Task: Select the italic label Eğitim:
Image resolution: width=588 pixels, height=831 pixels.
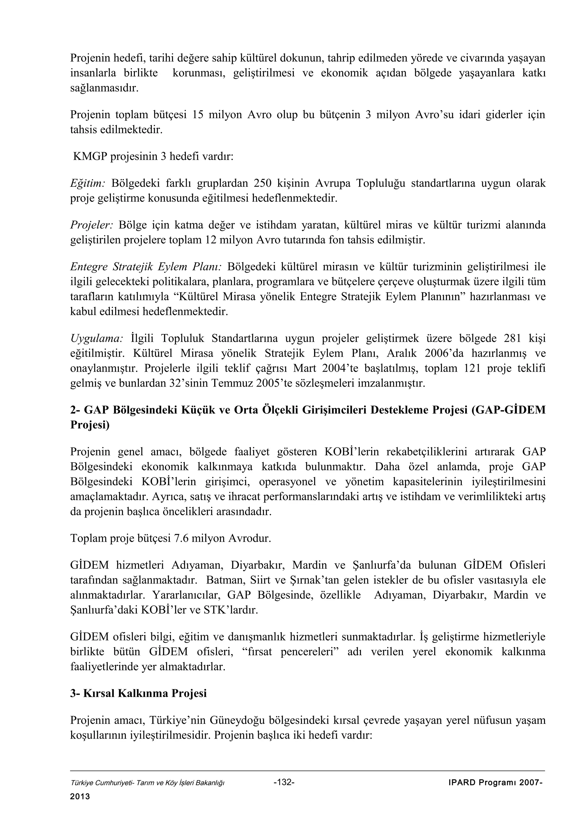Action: (x=87, y=184)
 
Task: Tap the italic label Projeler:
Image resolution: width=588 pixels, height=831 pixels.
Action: (x=92, y=225)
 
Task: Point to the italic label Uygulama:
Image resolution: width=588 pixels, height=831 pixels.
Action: (x=97, y=338)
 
